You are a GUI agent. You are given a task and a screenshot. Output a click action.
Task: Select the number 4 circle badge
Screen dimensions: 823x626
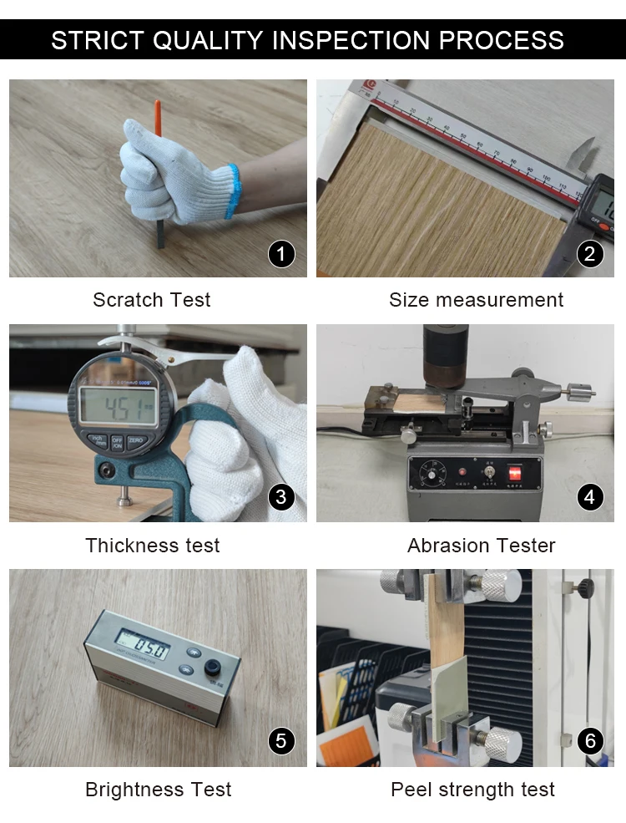(x=590, y=498)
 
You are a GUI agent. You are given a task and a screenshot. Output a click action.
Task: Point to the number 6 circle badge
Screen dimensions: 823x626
(x=590, y=741)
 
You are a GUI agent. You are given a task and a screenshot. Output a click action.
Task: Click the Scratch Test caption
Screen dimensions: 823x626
(x=152, y=300)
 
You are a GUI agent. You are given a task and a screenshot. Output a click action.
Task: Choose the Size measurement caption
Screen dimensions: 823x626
(x=476, y=300)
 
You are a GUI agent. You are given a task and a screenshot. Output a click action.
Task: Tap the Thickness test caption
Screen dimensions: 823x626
(x=153, y=546)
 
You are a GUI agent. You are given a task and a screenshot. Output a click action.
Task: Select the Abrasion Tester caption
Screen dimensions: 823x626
(x=481, y=546)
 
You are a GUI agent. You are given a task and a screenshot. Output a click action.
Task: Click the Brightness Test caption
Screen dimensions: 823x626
(x=159, y=790)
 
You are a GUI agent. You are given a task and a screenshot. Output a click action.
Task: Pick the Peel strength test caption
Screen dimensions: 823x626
(x=472, y=790)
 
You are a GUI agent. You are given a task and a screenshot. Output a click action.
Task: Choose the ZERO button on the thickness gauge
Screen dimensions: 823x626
(x=137, y=440)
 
